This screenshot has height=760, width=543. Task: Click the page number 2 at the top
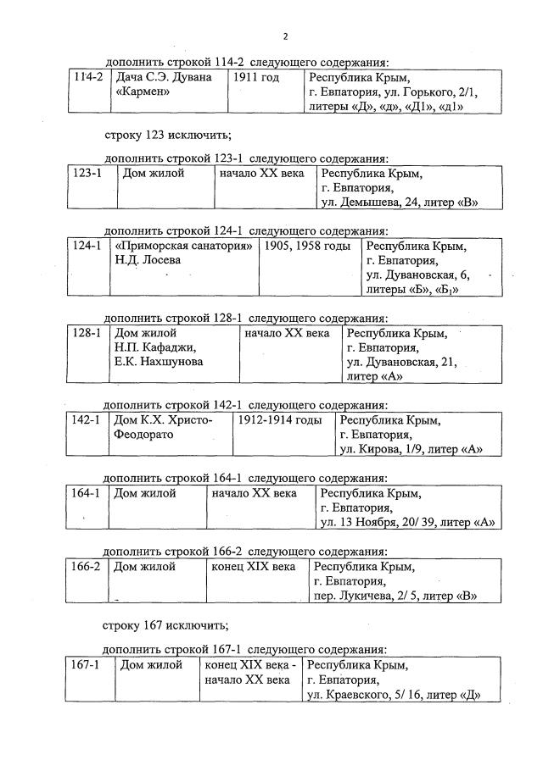pyautogui.click(x=285, y=36)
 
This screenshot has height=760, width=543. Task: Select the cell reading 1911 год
pyautogui.click(x=255, y=77)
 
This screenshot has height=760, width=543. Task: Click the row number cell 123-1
pyautogui.click(x=87, y=174)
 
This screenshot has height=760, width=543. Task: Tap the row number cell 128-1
pyautogui.click(x=87, y=333)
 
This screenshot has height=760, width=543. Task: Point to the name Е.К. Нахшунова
pyautogui.click(x=159, y=362)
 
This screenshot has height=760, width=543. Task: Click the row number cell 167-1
pyautogui.click(x=85, y=665)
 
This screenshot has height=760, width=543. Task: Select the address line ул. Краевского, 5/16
pyautogui.click(x=394, y=695)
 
